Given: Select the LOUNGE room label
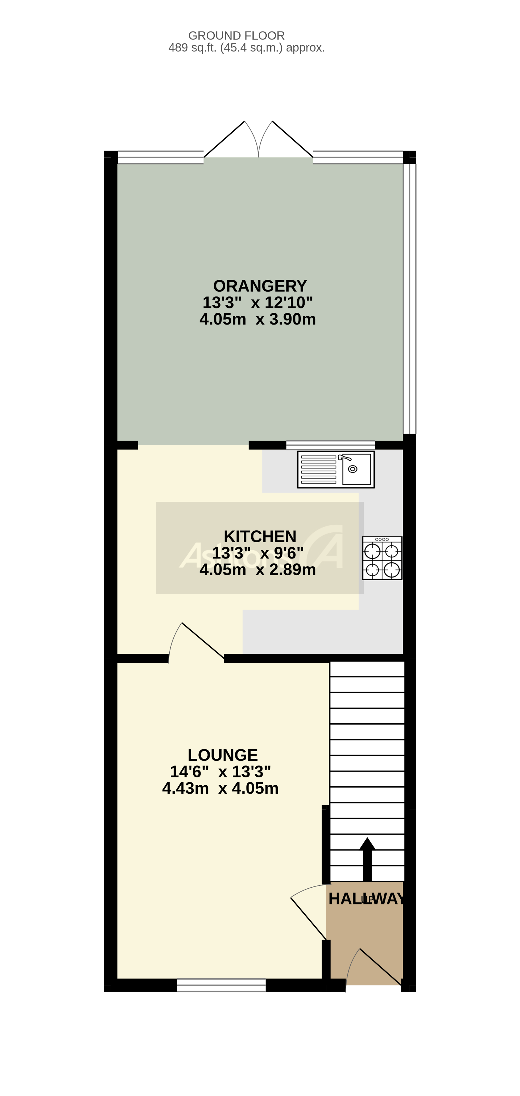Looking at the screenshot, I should [x=222, y=755].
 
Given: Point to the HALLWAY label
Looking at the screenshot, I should [x=366, y=899].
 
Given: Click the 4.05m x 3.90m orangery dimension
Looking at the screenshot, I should [x=257, y=319].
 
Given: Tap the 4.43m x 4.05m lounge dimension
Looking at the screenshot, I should [x=220, y=788].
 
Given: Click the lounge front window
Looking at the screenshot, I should [x=221, y=985].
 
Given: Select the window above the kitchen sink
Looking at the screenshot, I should [x=330, y=445].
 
